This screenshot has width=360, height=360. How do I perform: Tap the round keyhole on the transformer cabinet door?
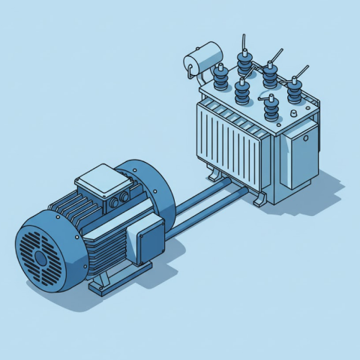pyautogui.click(x=306, y=138)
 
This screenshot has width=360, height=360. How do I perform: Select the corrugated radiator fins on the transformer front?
pyautogui.click(x=229, y=139)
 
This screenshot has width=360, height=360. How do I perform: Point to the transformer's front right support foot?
pyautogui.click(x=262, y=199)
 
